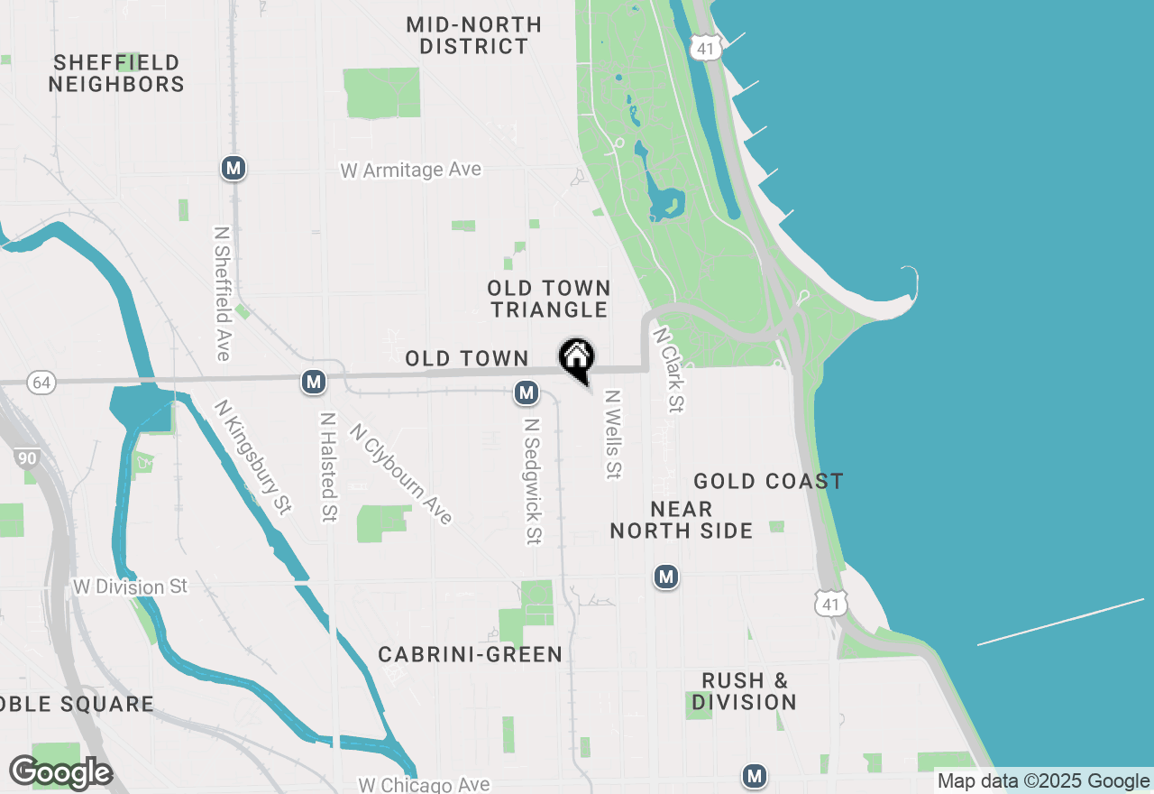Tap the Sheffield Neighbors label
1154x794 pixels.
[116, 74]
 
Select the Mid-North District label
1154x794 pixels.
[474, 35]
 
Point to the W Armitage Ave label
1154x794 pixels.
[410, 170]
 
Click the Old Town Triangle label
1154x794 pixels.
[549, 299]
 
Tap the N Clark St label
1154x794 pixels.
[669, 370]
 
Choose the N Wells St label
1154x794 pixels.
[614, 434]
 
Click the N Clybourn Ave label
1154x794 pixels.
[401, 474]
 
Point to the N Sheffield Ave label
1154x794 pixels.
[222, 293]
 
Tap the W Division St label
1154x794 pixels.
[131, 586]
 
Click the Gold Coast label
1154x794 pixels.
[768, 481]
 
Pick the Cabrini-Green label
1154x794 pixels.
[471, 654]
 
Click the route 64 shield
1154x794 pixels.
[41, 383]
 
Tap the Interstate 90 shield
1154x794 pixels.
[27, 458]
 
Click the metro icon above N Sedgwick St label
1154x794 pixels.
[527, 392]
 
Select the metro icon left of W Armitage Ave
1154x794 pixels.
[234, 167]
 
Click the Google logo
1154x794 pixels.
[61, 772]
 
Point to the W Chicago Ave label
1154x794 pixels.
[424, 785]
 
